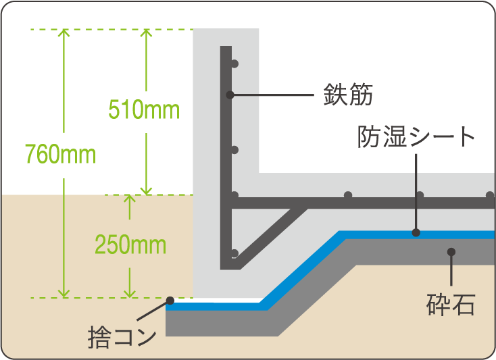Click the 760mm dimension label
point(60,155)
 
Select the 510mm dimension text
point(144,109)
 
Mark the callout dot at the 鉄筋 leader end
point(230,95)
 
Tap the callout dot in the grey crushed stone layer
point(451,252)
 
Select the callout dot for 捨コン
point(170,301)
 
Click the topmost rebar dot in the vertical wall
point(234,63)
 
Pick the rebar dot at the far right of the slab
point(489,195)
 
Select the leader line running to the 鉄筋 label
point(274,95)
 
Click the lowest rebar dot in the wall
point(234,253)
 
